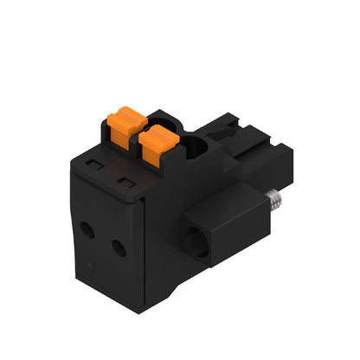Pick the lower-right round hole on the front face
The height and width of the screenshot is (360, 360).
point(119,248)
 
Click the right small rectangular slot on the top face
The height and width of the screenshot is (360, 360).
point(126,181)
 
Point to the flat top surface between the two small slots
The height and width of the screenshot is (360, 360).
point(110,170)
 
